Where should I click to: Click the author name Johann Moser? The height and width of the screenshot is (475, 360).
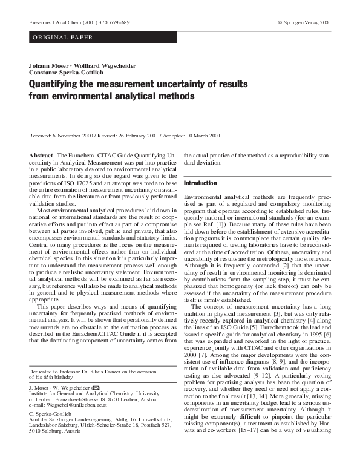(x=47, y=65)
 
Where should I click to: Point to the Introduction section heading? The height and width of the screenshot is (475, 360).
(x=200, y=183)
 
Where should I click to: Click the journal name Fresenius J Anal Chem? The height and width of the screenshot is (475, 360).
(x=51, y=22)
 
